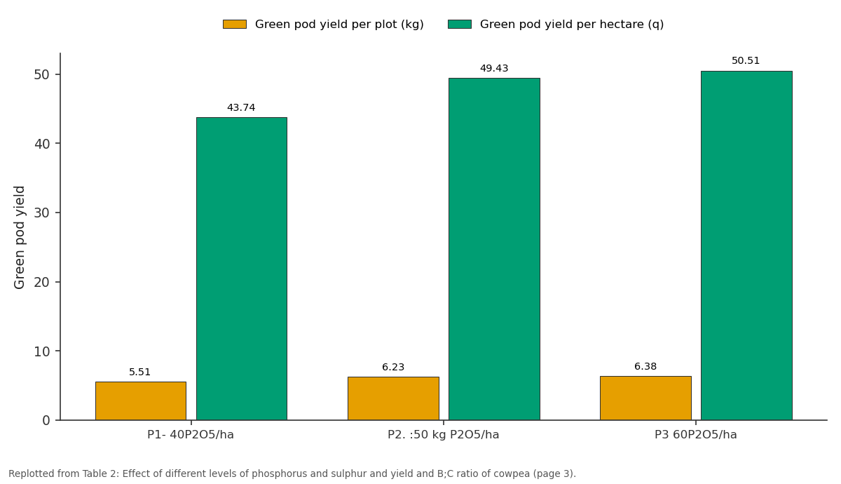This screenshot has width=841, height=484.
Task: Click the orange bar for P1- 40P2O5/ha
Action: tap(141, 401)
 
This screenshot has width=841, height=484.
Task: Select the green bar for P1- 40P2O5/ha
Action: tap(242, 269)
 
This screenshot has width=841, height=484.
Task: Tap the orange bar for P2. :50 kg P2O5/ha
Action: tap(393, 398)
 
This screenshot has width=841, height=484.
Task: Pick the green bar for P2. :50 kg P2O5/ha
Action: tap(495, 249)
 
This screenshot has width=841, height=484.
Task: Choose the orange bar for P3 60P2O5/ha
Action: tap(645, 398)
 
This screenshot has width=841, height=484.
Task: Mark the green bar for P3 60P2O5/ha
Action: tap(747, 246)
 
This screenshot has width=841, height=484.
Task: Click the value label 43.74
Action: tap(241, 108)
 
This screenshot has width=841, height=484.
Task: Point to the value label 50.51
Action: tap(746, 61)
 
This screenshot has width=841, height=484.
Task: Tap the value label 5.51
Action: tap(139, 372)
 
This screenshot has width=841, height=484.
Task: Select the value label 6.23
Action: tap(393, 367)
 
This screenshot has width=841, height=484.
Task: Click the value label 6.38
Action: tap(645, 366)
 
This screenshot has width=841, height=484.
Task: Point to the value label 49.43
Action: tap(494, 69)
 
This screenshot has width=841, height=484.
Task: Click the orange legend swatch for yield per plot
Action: tap(235, 25)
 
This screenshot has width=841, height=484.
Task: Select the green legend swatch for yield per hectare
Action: tap(460, 25)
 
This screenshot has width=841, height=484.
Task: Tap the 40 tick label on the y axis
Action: tap(42, 144)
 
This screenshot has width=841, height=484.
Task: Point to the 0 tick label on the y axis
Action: tap(46, 420)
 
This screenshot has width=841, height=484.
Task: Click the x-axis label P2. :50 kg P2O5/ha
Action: tap(444, 435)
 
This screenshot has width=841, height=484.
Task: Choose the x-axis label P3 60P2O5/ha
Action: tap(696, 435)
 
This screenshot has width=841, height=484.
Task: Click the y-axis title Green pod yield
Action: tap(19, 238)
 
